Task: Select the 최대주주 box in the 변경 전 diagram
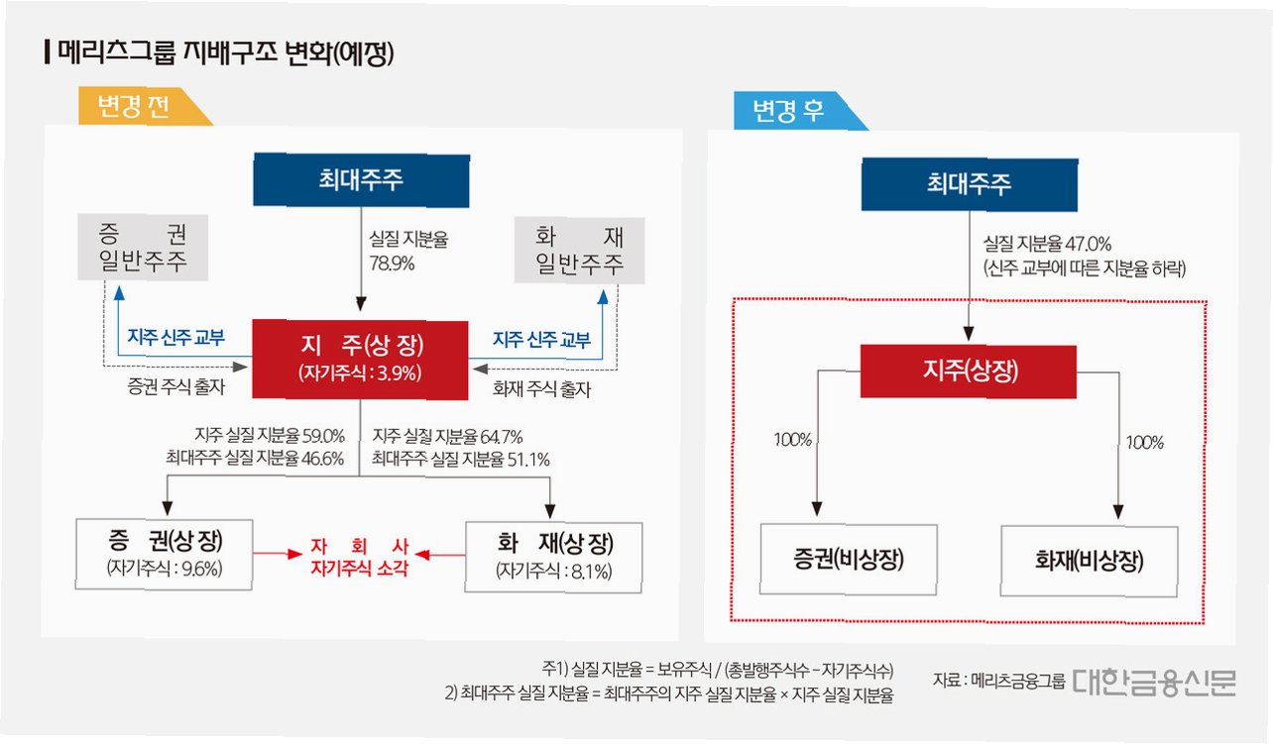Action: point(361,179)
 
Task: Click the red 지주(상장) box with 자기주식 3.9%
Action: point(360,358)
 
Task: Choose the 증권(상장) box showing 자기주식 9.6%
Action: point(165,553)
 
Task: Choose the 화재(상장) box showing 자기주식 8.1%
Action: point(554,556)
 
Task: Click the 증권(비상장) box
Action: point(850,561)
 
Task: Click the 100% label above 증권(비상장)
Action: point(793,440)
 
